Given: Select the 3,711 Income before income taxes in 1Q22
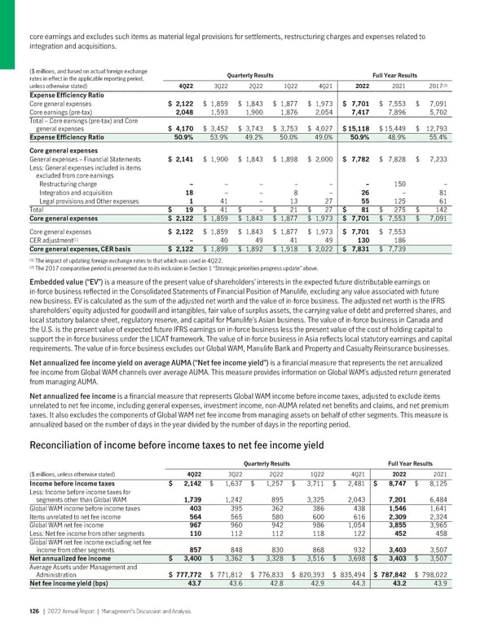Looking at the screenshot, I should [x=330, y=484].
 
